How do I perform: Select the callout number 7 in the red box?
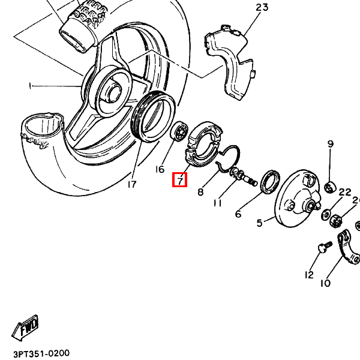[179, 179]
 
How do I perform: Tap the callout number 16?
[160, 169]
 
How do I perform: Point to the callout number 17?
[131, 184]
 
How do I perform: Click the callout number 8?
[200, 192]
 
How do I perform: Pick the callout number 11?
[217, 203]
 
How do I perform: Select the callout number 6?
[238, 214]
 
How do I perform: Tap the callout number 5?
[260, 223]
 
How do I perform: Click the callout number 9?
[330, 143]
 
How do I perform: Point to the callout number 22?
[344, 192]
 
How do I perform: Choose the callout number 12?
[309, 275]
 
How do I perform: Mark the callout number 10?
[325, 283]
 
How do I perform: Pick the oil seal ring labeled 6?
[270, 181]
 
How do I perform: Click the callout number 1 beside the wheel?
[29, 86]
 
